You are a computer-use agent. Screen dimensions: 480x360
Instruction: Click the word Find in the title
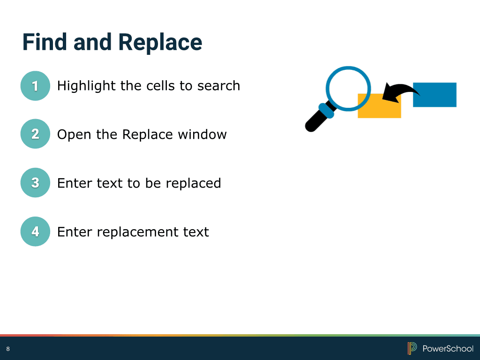(x=45, y=42)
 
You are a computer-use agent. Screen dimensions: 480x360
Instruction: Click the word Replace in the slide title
(x=160, y=43)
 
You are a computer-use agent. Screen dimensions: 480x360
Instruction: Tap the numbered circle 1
(x=35, y=86)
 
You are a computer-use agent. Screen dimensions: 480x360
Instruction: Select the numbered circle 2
(x=35, y=134)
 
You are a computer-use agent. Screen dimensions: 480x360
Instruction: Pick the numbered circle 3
(x=35, y=182)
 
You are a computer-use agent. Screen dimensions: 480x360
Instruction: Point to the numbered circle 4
(x=35, y=232)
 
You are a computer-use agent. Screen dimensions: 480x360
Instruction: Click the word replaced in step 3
(x=193, y=184)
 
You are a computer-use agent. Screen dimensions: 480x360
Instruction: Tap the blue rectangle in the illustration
(x=435, y=95)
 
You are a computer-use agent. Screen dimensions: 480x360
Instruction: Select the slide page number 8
(x=8, y=349)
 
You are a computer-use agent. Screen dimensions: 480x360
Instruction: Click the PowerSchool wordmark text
(x=448, y=349)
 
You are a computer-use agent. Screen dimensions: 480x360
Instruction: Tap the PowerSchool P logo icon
(x=412, y=348)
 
